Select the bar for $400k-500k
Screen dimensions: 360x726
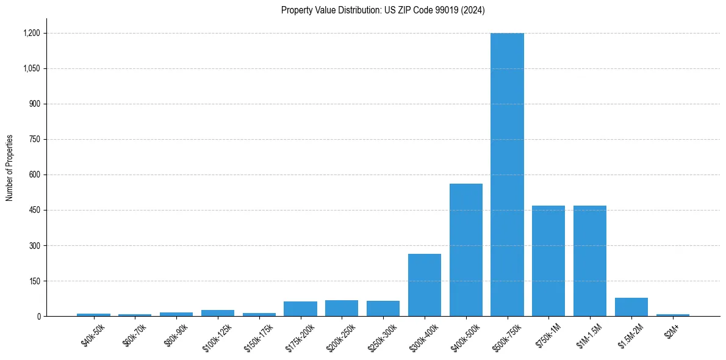(465, 250)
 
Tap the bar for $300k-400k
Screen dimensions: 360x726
(425, 285)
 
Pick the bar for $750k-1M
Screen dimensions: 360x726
(548, 261)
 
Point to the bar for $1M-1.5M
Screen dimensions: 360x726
(590, 261)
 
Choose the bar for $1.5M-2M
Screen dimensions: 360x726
(631, 307)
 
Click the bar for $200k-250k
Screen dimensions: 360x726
(342, 308)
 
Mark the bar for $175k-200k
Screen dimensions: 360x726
(300, 309)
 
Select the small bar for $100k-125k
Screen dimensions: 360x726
(218, 313)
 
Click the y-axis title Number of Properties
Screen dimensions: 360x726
(9, 168)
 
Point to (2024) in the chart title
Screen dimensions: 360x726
(473, 10)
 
